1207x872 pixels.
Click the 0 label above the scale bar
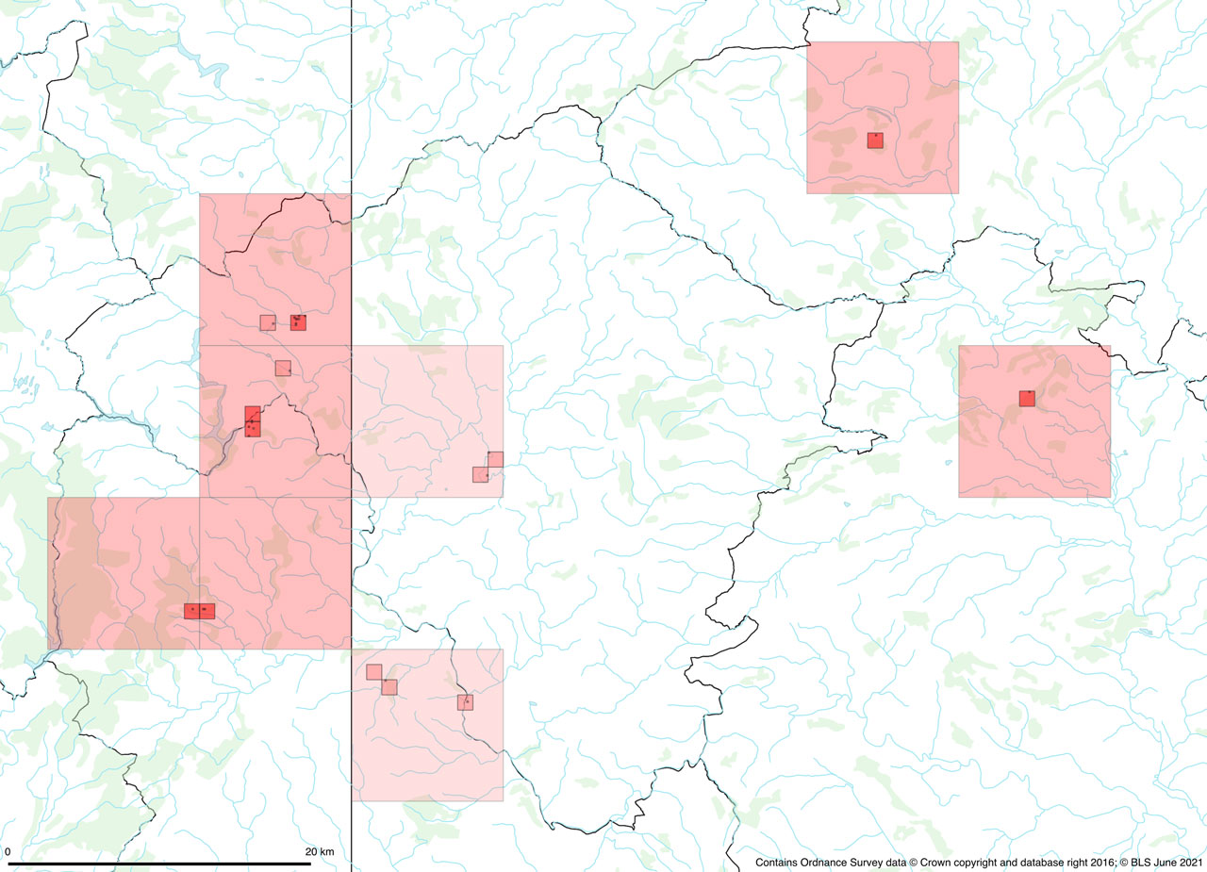(8, 852)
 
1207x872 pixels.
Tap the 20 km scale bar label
(320, 852)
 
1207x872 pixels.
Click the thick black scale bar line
(170, 863)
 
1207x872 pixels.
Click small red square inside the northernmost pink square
(875, 140)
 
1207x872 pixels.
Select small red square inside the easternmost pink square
(1027, 399)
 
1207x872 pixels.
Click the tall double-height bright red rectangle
(252, 421)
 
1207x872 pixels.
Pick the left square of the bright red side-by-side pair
(191, 611)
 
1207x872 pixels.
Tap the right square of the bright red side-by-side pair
(207, 611)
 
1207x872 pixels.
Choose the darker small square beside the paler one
(298, 322)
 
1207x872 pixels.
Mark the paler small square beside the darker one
(268, 322)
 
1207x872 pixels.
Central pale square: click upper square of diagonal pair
(495, 459)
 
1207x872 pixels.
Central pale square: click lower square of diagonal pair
(480, 474)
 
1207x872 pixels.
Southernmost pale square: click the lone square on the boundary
(465, 702)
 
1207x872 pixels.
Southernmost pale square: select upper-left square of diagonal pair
(374, 672)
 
